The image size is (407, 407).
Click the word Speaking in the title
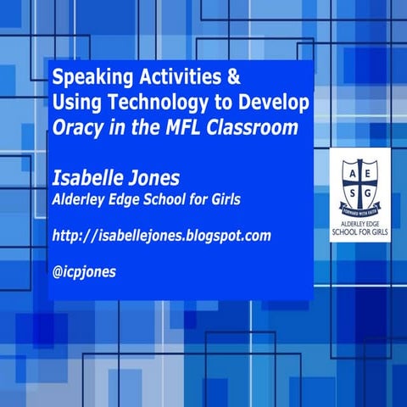click(86, 77)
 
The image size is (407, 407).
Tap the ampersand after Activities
click(233, 77)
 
